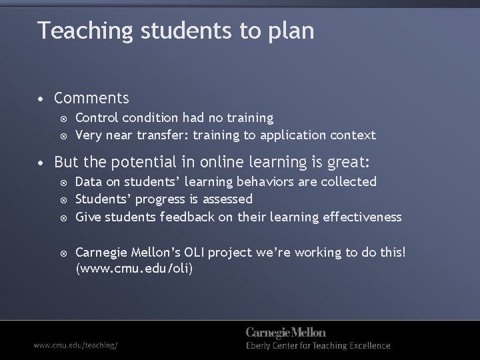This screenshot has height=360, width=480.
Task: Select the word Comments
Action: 91,99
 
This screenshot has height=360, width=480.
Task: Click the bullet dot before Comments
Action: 41,99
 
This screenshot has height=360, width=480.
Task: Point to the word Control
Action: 97,118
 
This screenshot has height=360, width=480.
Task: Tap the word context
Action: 355,135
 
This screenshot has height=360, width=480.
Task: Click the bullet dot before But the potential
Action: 41,163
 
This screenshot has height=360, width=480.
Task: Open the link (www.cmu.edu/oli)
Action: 134,269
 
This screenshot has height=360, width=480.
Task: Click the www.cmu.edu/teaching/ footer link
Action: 76,346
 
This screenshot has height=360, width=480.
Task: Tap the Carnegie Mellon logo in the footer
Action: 286,333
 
